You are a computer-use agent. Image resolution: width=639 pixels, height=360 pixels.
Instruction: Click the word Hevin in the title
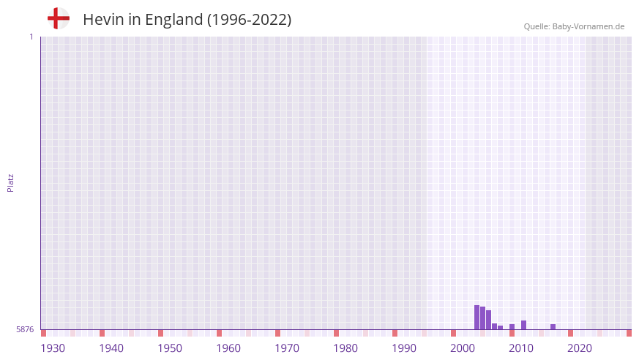(x=100, y=20)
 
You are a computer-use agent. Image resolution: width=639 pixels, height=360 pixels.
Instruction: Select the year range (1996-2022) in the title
(x=249, y=20)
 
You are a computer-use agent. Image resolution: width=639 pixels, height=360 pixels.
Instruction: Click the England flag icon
(x=59, y=18)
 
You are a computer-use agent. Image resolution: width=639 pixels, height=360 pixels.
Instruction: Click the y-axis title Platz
(x=10, y=182)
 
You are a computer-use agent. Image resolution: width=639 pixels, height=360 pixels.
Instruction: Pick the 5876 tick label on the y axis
(x=25, y=329)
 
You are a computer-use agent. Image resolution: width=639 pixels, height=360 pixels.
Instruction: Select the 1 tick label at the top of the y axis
(x=31, y=37)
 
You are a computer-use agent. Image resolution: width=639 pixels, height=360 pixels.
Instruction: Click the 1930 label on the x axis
(x=53, y=348)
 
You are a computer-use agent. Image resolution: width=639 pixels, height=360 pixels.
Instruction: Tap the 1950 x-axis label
(x=170, y=348)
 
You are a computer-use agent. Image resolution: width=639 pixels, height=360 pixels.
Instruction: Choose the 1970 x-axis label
(x=287, y=348)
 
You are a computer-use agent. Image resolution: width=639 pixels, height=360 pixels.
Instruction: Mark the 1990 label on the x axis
(x=404, y=348)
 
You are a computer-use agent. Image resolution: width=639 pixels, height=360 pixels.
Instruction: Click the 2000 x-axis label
(x=463, y=348)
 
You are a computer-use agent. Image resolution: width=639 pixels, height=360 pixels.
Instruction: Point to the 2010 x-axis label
(x=521, y=348)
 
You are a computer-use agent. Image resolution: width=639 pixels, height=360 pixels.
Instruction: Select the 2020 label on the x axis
(x=580, y=348)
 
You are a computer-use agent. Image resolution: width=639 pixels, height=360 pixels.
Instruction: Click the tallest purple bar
(x=477, y=318)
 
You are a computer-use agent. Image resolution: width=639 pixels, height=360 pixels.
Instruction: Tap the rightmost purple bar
(x=553, y=326)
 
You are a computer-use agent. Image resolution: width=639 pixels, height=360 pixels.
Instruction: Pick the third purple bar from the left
(x=488, y=320)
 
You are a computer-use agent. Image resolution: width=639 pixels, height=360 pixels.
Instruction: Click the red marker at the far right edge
(x=629, y=333)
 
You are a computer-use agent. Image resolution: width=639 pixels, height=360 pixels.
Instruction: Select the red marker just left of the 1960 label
(x=219, y=333)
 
